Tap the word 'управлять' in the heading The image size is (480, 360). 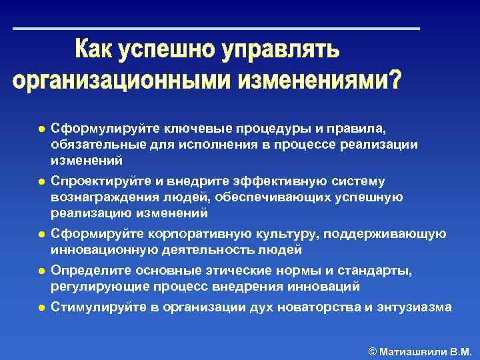[283, 51]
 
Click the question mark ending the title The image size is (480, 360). [395, 79]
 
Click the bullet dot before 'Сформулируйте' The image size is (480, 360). [41, 129]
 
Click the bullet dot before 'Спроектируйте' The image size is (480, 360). [41, 181]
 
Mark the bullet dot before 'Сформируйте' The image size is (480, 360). [41, 235]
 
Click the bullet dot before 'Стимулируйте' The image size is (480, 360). [41, 308]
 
